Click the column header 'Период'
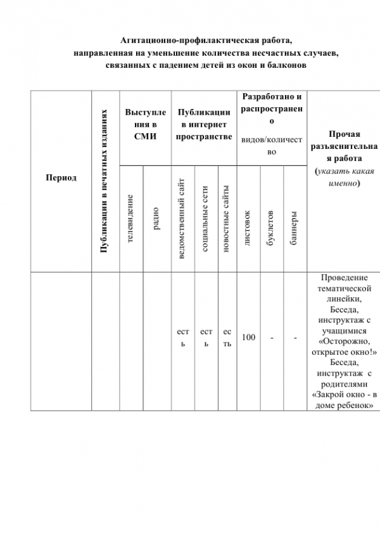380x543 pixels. click(x=61, y=177)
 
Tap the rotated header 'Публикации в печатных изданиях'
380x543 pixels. click(x=105, y=182)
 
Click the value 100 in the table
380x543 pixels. click(x=248, y=338)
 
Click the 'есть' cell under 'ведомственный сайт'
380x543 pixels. click(x=183, y=338)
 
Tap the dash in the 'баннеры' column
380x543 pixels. click(x=294, y=338)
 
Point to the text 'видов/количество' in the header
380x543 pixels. click(x=272, y=145)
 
